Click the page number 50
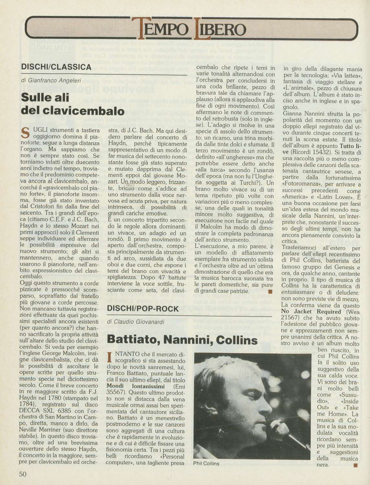point(22,474)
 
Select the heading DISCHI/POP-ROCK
point(143,308)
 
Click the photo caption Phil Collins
point(206,464)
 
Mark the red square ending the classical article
point(270,291)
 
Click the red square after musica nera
point(355,465)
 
